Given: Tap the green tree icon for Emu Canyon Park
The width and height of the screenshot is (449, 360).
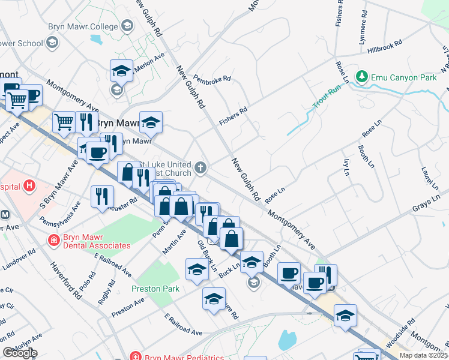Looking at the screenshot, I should [x=361, y=77].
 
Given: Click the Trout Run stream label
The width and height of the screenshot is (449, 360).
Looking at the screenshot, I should [x=327, y=97].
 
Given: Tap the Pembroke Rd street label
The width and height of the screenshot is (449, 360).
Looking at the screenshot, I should [x=212, y=79].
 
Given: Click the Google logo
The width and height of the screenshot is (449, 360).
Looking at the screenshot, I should [x=19, y=353].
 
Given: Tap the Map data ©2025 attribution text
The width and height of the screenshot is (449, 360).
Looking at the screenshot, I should [x=423, y=355].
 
